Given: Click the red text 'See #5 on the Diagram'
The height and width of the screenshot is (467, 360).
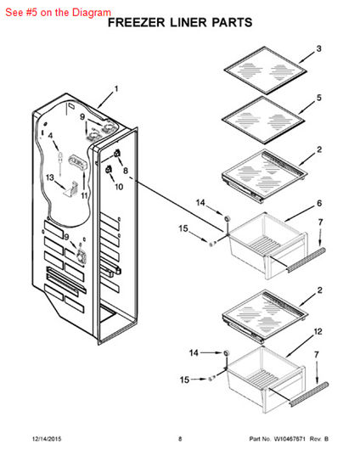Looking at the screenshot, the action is click(58, 13).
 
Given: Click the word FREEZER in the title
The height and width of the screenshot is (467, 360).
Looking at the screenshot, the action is click(136, 23).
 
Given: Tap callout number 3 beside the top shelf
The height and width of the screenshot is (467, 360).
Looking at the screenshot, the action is click(318, 48).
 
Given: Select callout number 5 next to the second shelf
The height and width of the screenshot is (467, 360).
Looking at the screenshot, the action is click(319, 98).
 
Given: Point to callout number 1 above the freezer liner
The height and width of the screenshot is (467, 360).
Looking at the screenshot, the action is click(116, 89).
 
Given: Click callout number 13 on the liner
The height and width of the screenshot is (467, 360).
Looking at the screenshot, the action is click(50, 177).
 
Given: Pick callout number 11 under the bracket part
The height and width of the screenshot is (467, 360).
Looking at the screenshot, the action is click(85, 195).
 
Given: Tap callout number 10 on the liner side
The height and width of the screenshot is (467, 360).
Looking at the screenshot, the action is click(119, 187).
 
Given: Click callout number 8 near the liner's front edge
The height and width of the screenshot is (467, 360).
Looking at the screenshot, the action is click(126, 171).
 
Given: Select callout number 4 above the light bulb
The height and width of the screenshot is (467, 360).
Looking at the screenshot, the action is click(50, 136).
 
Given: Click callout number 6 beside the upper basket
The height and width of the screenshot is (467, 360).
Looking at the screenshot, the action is click(319, 203).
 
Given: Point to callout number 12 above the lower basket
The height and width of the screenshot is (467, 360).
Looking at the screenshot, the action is click(318, 331).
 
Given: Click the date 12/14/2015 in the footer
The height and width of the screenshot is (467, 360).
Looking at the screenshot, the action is click(47, 439).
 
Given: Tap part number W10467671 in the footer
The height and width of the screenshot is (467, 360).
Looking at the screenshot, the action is click(290, 439).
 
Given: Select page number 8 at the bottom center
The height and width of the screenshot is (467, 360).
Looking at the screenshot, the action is click(180, 439).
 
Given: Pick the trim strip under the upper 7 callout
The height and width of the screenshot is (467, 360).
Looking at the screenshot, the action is click(307, 260).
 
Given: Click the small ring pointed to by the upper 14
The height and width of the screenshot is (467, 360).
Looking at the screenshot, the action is click(228, 218).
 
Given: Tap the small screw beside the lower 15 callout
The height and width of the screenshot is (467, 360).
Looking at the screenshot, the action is click(211, 379).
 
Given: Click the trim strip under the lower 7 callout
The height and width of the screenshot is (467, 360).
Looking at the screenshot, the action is click(309, 394).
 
